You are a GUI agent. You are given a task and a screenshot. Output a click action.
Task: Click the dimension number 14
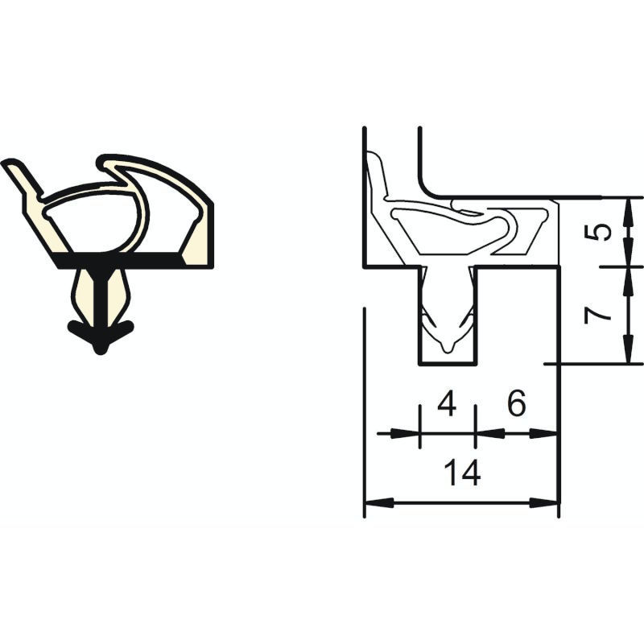(462, 473)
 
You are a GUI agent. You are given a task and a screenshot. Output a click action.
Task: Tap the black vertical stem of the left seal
(101, 295)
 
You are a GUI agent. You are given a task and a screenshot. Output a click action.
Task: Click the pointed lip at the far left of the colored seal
(11, 163)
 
